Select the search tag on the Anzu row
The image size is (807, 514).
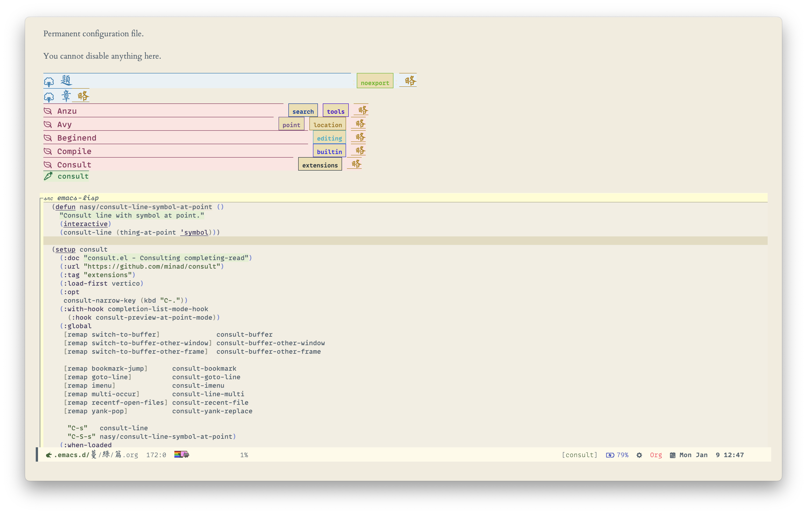pos(303,111)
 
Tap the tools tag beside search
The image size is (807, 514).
pos(336,111)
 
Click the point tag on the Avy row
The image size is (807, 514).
pos(291,124)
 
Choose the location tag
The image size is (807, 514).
pos(327,124)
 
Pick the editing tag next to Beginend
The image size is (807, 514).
pos(329,138)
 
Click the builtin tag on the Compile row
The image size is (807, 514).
pos(329,151)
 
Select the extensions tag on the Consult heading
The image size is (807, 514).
pos(320,165)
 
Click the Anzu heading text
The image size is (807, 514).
pos(67,111)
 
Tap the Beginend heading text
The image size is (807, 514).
pos(76,138)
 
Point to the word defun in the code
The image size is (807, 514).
pos(65,207)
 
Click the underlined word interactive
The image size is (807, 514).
pos(85,224)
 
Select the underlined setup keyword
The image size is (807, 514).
pos(65,249)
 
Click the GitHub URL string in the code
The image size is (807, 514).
pos(154,266)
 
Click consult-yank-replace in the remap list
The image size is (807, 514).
pos(212,411)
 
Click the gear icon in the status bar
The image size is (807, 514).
pos(639,455)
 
